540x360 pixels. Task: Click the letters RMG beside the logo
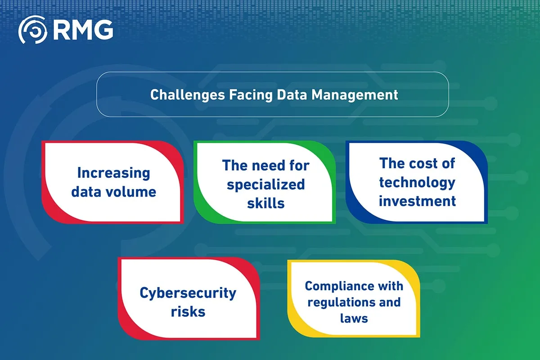(83, 31)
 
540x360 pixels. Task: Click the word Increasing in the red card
(113, 173)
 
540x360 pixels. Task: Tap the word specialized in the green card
(265, 184)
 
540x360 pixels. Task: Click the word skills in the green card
(265, 203)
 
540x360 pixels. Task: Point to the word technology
(417, 182)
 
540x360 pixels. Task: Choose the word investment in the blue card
(417, 201)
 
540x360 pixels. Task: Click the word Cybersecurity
(188, 292)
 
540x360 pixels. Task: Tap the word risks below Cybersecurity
(188, 311)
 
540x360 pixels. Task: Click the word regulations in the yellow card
(335, 302)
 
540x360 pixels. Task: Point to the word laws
(354, 319)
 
